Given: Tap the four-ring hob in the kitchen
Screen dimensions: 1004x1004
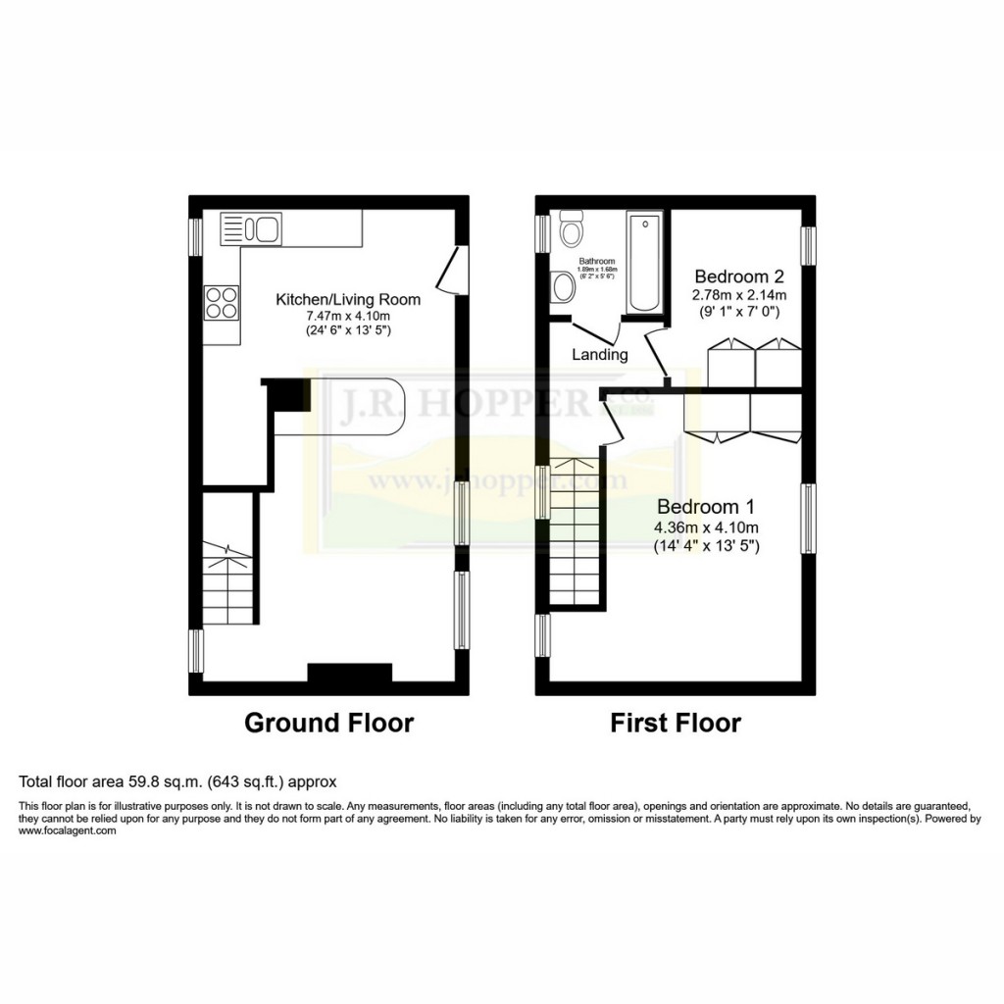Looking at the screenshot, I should [221, 301].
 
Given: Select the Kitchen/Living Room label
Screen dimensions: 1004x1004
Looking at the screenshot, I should [347, 299].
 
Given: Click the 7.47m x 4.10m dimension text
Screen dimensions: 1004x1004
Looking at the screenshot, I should [347, 315].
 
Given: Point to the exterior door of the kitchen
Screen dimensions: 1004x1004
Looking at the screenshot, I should [450, 270].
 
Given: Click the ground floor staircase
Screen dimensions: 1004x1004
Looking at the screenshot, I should [229, 582].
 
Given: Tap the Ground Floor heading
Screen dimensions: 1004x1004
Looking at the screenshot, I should [328, 724].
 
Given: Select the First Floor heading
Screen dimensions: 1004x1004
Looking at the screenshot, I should [676, 724].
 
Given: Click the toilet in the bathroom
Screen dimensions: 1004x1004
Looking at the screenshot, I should [570, 232].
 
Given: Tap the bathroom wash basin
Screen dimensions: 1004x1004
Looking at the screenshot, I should [563, 287].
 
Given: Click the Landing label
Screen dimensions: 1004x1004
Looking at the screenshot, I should [600, 355].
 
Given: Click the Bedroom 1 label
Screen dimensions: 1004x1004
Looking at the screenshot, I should [706, 507].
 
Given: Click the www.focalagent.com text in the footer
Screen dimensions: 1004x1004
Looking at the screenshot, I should [68, 830].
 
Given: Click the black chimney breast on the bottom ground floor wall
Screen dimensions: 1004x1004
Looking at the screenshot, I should [350, 672].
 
